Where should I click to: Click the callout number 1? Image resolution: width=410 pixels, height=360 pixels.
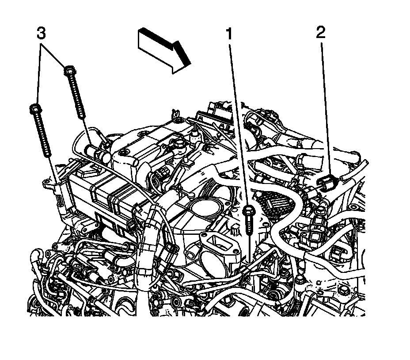(229, 34)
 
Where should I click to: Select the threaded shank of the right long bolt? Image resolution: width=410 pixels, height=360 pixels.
(76, 97)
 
